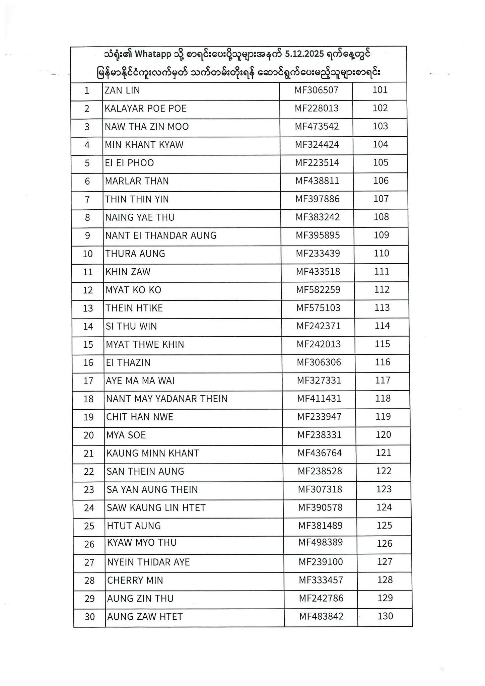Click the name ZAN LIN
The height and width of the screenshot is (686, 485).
[122, 90]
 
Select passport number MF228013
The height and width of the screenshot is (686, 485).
[317, 108]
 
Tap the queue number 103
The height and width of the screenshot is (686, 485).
[380, 126]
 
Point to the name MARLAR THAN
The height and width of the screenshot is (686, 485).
[137, 181]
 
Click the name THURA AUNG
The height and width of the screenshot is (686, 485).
[135, 254]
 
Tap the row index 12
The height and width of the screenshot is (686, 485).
[88, 290]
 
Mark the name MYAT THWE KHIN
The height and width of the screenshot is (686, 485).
[145, 344]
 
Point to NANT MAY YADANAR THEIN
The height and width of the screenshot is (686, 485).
[167, 399]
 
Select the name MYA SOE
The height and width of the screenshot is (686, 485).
[126, 435]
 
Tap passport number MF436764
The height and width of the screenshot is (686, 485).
[320, 453]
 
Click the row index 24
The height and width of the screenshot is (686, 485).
[89, 508]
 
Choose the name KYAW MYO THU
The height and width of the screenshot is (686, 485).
[142, 543]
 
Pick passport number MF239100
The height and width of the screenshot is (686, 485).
[321, 562]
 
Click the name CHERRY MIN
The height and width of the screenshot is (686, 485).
[135, 580]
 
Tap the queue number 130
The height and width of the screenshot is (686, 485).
[385, 616]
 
